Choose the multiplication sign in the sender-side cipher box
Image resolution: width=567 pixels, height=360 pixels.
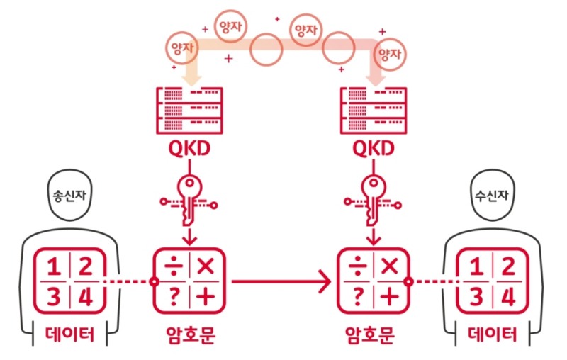point(206,267)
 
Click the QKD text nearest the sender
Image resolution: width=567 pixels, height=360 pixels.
point(188,149)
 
